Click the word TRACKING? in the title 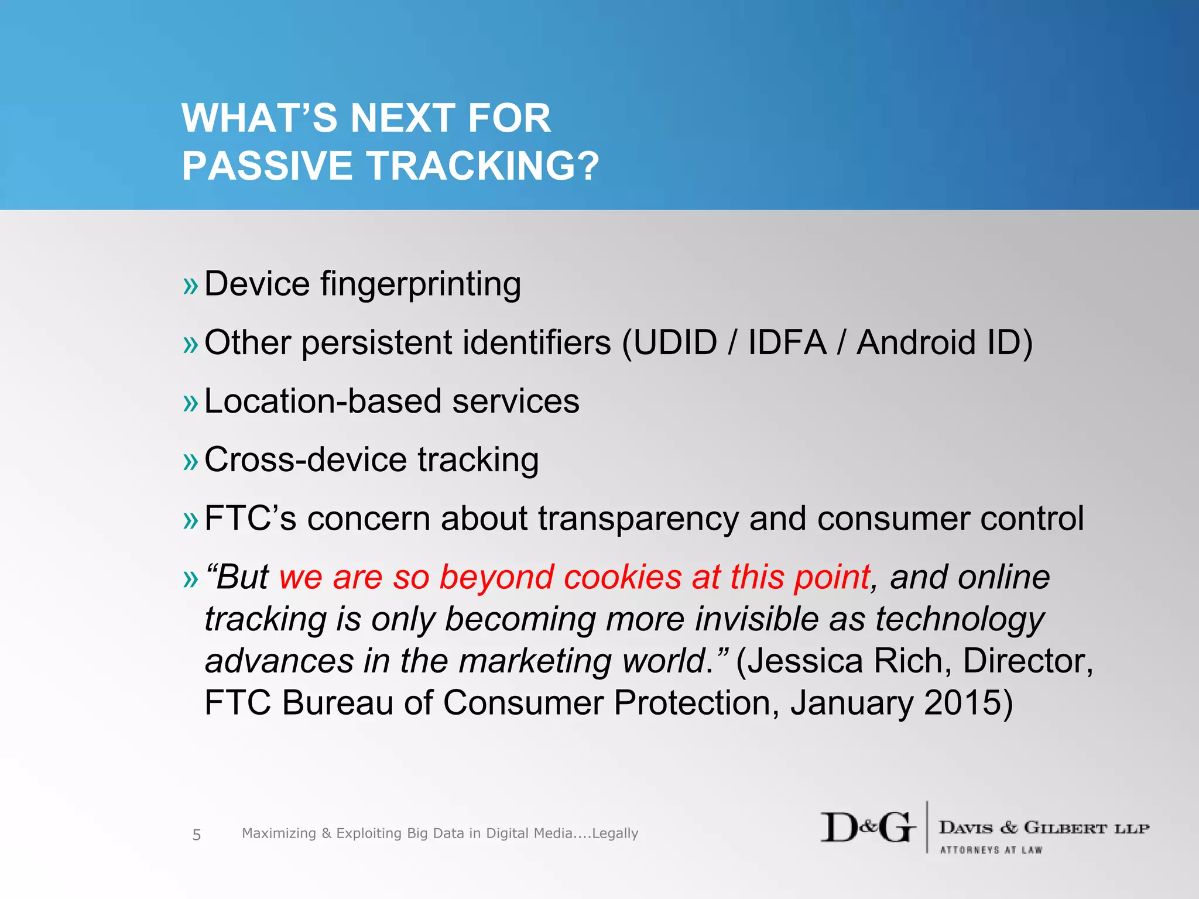(x=483, y=166)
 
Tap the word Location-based (x=323, y=402)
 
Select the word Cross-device (x=305, y=460)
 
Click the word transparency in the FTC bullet (x=638, y=520)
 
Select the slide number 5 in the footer (x=197, y=835)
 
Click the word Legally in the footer (x=615, y=833)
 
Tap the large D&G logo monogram (x=867, y=828)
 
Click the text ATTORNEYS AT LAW (x=991, y=850)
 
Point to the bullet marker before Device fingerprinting (x=191, y=287)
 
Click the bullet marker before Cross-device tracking (x=191, y=462)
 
